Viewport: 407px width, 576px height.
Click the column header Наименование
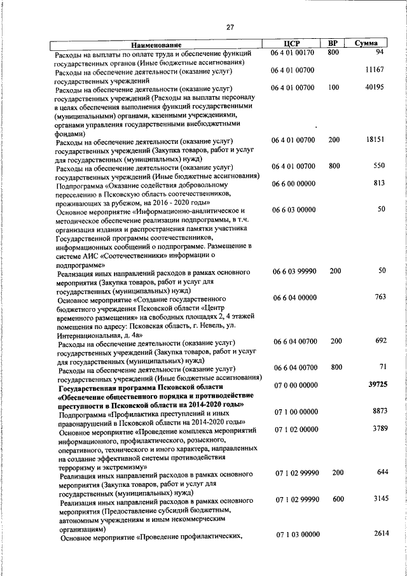156,45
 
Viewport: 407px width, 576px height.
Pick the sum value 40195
375,87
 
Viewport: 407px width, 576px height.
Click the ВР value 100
334,87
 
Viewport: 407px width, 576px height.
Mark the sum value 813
380,183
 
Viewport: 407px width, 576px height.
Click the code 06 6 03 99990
293,271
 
